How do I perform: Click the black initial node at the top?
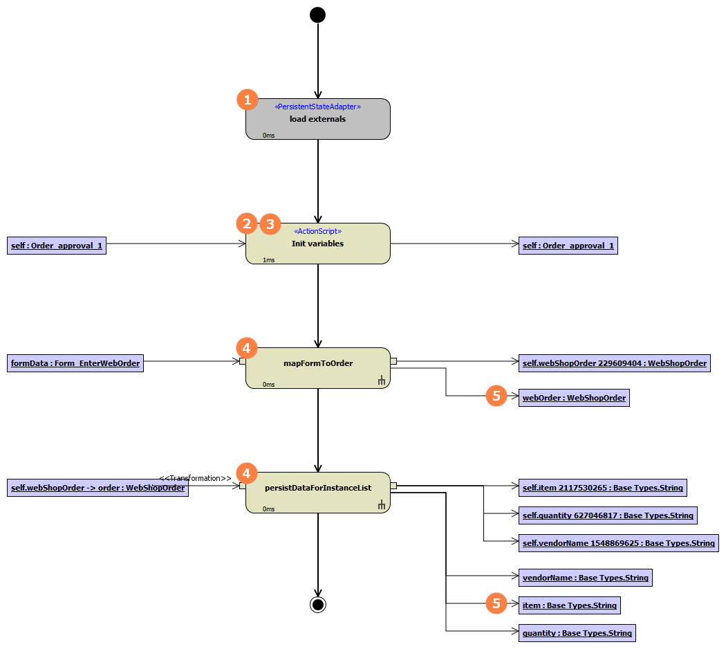coord(317,15)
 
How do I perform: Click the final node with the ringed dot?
coord(317,605)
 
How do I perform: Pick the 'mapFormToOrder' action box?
coord(318,368)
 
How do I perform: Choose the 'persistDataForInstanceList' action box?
coord(318,493)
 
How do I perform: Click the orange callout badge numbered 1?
coord(248,100)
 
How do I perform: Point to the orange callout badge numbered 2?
coord(246,223)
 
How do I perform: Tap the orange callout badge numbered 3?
coord(270,223)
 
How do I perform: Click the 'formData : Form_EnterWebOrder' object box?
coord(75,363)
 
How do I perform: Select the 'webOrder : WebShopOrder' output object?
coord(574,398)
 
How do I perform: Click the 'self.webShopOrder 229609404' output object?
coord(614,363)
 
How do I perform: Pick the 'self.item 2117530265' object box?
coord(602,488)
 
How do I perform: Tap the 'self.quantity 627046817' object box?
coord(607,515)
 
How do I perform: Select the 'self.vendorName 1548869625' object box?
coord(618,543)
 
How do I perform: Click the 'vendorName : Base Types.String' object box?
coord(585,578)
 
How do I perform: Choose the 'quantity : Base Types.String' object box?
coord(577,633)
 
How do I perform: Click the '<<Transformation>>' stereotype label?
coord(195,478)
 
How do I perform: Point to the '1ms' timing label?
coord(269,260)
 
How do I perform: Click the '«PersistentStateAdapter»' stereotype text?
coord(318,107)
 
